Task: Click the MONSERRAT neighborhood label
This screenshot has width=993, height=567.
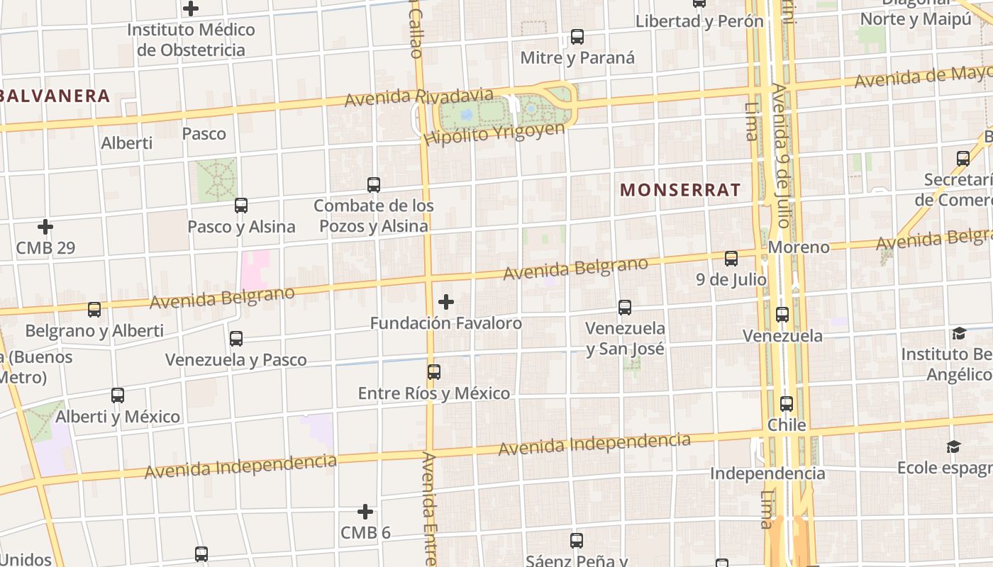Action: click(680, 190)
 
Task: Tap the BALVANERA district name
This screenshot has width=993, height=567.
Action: click(55, 96)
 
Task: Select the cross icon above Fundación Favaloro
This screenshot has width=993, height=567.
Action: click(446, 303)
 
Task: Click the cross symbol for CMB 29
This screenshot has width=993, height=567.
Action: click(45, 228)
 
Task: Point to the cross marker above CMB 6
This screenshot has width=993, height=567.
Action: click(365, 512)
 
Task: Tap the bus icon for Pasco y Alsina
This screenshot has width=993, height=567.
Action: click(241, 206)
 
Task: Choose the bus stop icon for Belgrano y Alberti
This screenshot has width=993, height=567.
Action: click(94, 310)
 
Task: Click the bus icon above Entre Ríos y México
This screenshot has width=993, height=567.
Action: click(434, 372)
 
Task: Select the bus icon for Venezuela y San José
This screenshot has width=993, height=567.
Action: click(625, 308)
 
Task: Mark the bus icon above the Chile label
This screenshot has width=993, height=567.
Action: click(787, 404)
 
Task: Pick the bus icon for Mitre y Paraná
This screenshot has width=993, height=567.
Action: click(577, 37)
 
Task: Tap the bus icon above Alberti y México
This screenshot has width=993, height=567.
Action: click(118, 395)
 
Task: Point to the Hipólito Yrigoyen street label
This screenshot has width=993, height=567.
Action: click(494, 133)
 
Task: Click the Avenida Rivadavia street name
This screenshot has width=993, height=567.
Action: click(418, 98)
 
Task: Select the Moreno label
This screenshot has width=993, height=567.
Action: click(799, 247)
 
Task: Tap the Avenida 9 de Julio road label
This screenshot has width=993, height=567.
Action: click(781, 156)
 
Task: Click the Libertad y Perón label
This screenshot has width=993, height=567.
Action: click(699, 21)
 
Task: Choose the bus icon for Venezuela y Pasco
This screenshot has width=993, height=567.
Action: click(236, 339)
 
